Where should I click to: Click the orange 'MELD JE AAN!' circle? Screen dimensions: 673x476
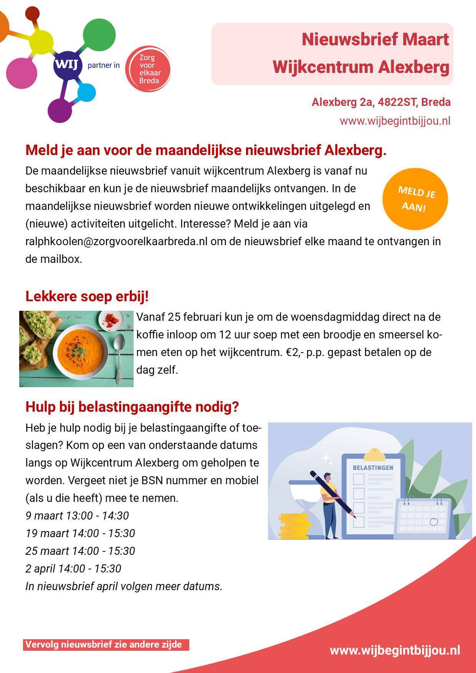415,199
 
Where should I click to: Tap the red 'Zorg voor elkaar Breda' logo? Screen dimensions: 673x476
148,69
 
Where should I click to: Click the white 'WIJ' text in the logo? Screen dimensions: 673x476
68,65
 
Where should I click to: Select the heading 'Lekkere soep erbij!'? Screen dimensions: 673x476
87,297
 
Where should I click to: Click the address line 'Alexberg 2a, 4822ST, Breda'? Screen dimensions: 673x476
381,102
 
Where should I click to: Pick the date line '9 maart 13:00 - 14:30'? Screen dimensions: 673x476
77,516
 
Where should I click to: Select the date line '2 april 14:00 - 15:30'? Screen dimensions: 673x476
73,569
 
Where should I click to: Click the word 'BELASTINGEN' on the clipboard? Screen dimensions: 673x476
373,468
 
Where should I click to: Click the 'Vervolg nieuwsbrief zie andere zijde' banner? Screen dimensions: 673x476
106,645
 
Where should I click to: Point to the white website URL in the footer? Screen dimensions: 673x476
395,651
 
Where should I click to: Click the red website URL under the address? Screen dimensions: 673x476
395,121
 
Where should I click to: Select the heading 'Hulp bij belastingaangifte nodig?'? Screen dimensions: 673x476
132,407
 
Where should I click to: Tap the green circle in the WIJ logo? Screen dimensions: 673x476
99,34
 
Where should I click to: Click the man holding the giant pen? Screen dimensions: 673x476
329,503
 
